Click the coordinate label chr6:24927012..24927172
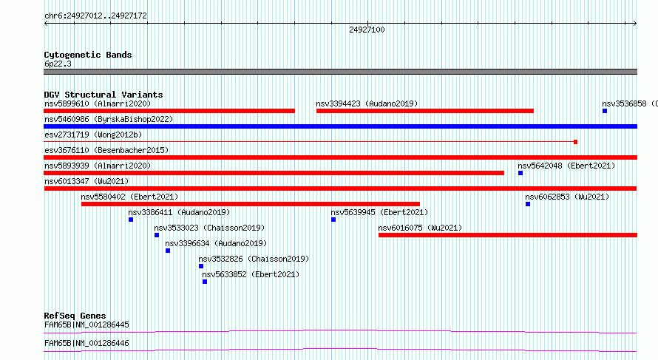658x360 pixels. (95, 16)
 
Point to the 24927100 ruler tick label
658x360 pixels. (367, 30)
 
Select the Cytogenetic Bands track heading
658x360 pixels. (88, 55)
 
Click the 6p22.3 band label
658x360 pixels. (58, 64)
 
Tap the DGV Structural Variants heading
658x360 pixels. (104, 95)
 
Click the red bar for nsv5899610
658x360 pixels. (169, 111)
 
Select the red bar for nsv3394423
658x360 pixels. (425, 111)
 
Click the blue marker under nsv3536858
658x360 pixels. (605, 111)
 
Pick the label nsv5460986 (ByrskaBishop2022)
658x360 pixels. (109, 120)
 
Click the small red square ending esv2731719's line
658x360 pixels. (575, 142)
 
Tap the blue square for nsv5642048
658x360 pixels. (520, 173)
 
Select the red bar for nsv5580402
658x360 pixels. (251, 204)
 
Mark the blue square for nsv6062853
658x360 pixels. (528, 204)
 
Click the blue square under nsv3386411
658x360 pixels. (131, 220)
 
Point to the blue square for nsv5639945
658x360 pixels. (333, 220)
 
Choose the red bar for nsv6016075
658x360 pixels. (508, 235)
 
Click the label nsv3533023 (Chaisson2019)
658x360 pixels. (209, 228)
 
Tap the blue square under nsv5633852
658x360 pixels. (205, 282)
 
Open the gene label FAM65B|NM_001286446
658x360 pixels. (87, 343)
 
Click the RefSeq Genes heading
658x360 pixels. (75, 316)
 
